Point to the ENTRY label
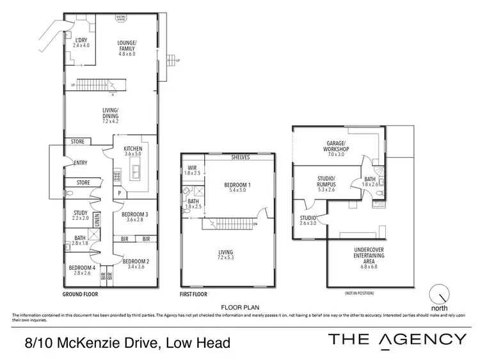[81, 162]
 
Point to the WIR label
[192, 171]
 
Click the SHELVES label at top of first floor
[240, 157]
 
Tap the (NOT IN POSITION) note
[359, 293]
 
